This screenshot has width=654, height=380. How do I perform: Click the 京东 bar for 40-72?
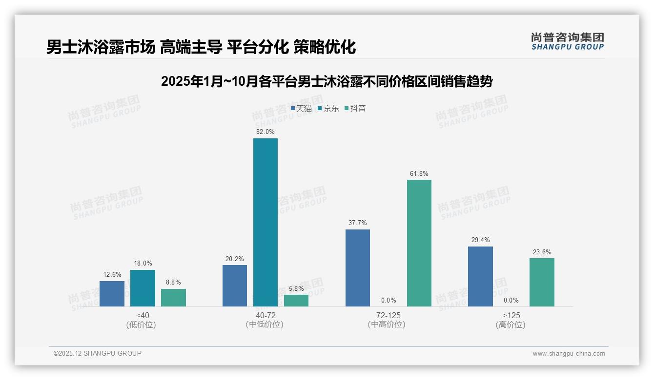265,222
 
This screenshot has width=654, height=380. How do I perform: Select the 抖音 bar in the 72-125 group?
419,243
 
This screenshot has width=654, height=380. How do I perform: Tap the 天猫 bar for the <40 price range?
112,294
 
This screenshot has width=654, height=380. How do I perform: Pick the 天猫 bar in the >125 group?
480,276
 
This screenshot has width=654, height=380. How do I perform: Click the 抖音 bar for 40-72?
296,301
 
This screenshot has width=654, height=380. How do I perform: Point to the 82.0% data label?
265,132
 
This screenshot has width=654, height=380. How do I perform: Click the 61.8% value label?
419,173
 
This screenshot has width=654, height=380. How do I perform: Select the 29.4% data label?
480,240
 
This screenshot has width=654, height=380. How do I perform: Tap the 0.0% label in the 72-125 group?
388,300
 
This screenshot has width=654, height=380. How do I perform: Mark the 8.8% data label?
173,282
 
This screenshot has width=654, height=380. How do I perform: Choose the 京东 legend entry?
328,109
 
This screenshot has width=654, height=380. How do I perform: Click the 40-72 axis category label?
265,315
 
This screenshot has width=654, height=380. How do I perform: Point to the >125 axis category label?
511,315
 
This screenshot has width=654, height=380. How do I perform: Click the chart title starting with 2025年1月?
327,81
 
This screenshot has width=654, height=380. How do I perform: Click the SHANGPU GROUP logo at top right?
567,41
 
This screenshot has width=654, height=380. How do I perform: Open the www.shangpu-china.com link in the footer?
569,354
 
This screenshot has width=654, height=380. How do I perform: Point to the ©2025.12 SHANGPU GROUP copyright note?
98,353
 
